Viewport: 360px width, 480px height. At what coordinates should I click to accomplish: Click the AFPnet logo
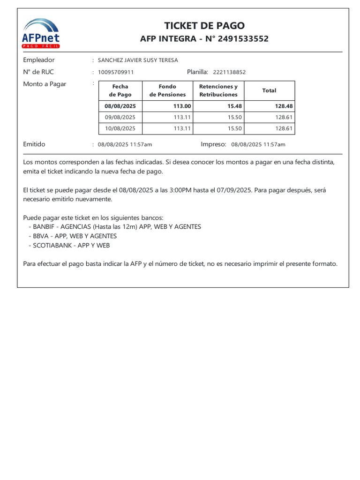(x=41, y=33)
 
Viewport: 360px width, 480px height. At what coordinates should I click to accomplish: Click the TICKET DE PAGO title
(x=204, y=26)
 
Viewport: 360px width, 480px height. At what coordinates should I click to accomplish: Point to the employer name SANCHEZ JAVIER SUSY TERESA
(x=138, y=60)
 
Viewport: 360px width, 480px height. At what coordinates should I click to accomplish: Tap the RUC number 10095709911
(x=116, y=72)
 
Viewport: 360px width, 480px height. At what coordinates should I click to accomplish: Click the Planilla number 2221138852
(x=229, y=72)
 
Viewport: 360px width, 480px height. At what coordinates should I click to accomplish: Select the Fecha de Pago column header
(x=120, y=90)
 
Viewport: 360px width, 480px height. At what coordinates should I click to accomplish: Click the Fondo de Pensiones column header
(x=167, y=90)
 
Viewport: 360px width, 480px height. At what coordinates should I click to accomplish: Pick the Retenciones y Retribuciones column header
(x=218, y=90)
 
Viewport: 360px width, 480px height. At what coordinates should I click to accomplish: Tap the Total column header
(x=269, y=90)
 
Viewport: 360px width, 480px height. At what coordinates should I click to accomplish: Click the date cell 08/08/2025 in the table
(x=120, y=106)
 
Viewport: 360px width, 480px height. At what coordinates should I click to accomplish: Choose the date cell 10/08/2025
(x=120, y=128)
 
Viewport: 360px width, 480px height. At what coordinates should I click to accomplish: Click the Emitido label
(x=34, y=144)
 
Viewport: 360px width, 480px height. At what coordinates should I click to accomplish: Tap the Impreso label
(x=213, y=144)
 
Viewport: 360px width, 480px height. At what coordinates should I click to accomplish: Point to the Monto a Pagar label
(x=45, y=84)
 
